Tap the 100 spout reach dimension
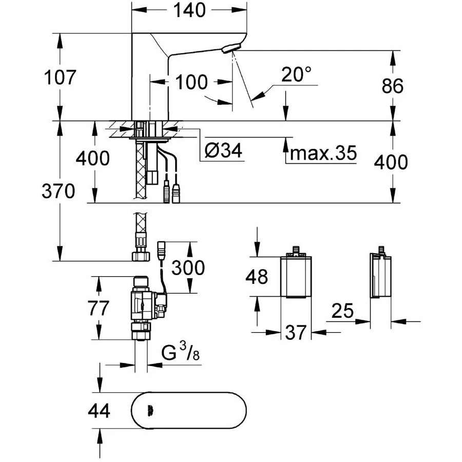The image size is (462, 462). tap(191, 82)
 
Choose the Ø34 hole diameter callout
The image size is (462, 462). tap(223, 151)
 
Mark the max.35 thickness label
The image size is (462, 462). tap(322, 152)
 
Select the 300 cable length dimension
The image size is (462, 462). tap(188, 267)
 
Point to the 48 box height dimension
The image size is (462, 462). tap(256, 277)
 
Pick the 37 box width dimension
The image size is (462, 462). tap(295, 333)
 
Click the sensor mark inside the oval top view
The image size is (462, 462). tap(150, 410)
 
